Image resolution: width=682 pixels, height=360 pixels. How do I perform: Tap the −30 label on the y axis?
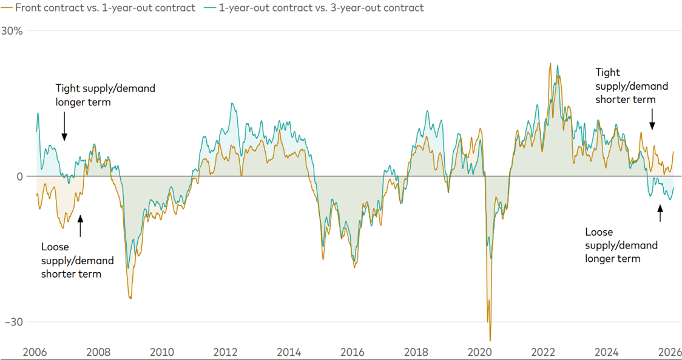[x=13, y=322]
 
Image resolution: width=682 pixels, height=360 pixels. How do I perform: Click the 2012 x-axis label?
[x=226, y=352]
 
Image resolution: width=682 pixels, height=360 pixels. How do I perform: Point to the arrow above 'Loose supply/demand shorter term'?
[x=79, y=225]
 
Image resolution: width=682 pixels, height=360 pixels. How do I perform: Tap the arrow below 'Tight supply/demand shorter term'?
[x=652, y=118]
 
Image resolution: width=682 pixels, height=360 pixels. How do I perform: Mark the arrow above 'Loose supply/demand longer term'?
[x=660, y=213]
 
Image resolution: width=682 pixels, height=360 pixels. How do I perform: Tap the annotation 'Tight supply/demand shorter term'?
[x=631, y=86]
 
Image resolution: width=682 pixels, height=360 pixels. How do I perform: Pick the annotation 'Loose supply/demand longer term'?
[x=621, y=245]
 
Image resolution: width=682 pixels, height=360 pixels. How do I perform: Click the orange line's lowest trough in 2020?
[x=490, y=341]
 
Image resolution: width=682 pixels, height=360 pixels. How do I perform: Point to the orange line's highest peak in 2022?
[x=550, y=63]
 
